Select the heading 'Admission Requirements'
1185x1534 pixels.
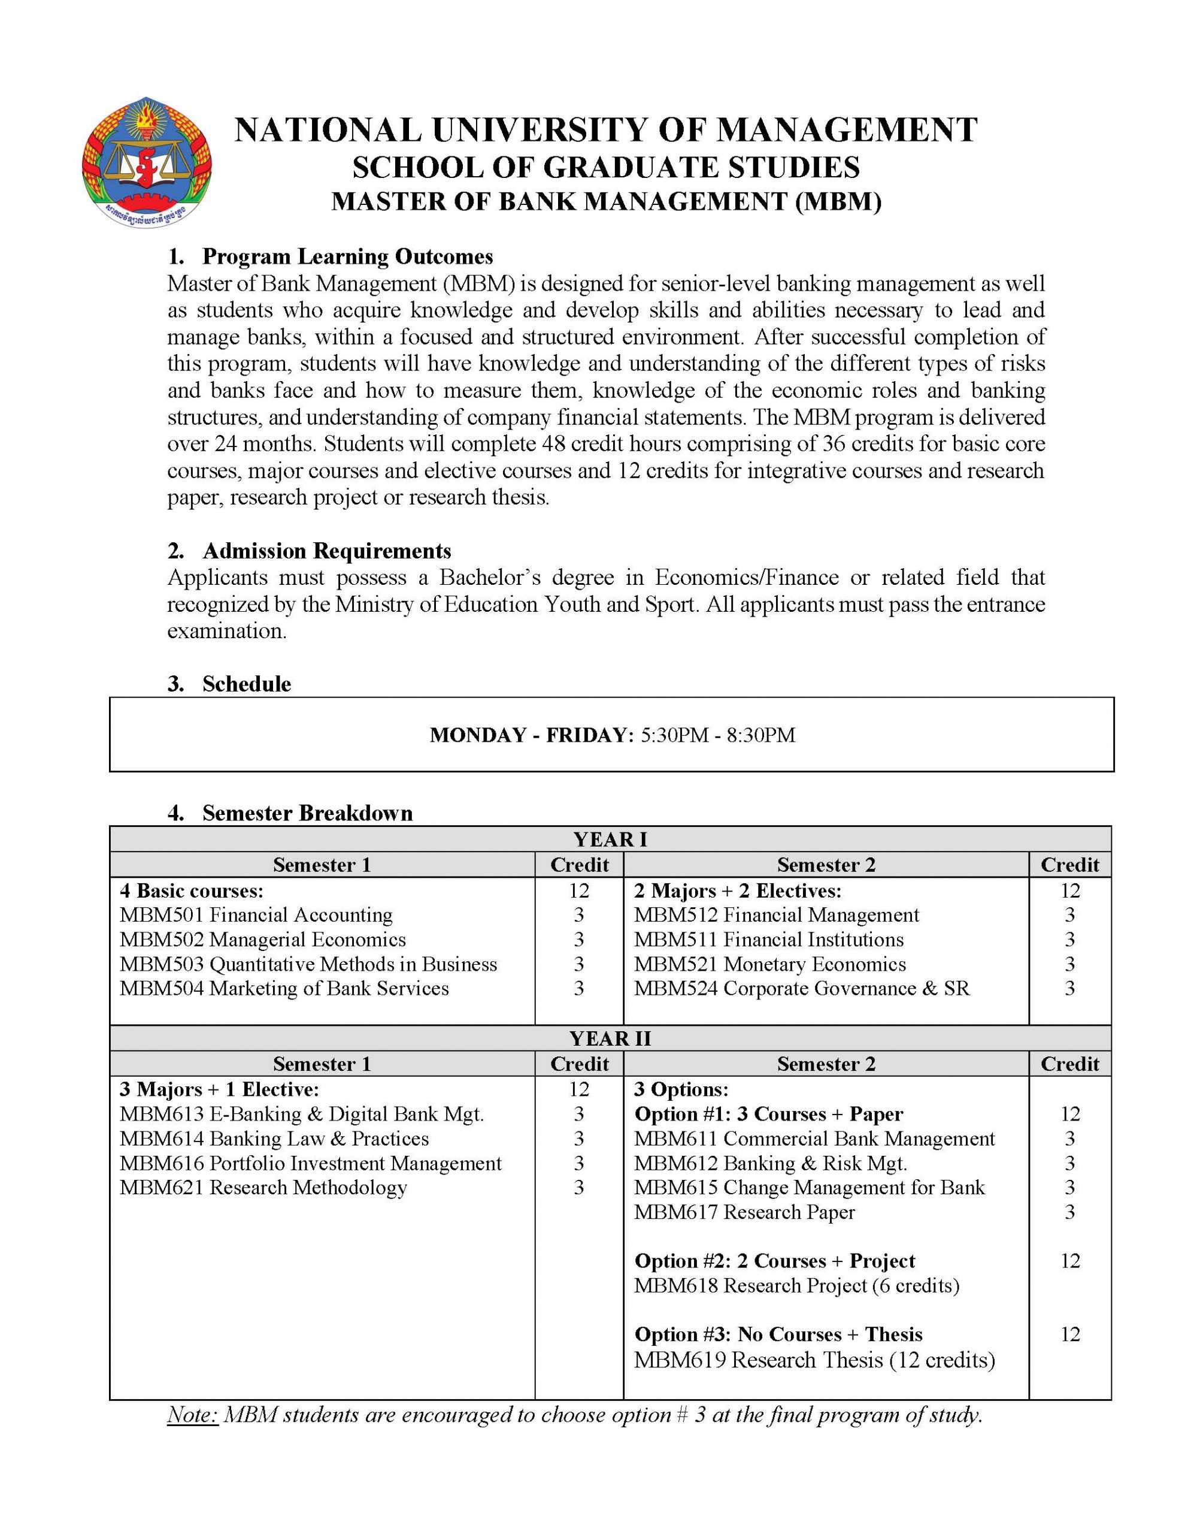tap(326, 551)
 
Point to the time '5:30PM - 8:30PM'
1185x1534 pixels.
tap(717, 735)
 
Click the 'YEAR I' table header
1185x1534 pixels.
tap(610, 840)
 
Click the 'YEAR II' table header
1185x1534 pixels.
tap(610, 1038)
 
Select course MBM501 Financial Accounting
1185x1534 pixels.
tap(256, 915)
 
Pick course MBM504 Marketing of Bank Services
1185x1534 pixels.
tap(284, 988)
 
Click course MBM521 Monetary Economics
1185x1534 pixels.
tap(769, 964)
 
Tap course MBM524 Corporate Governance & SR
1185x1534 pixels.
tap(801, 988)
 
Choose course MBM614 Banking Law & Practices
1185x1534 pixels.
tap(274, 1139)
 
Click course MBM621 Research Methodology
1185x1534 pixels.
tap(263, 1188)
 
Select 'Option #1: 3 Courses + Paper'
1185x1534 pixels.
tap(768, 1115)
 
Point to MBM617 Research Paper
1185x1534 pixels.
tap(744, 1212)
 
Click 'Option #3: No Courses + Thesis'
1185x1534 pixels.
tap(778, 1334)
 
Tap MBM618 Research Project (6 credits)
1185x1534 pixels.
tap(796, 1285)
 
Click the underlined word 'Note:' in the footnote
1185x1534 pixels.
tap(193, 1415)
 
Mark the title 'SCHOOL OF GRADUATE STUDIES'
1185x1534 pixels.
tap(605, 168)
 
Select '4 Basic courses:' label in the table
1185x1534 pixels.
tap(191, 890)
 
